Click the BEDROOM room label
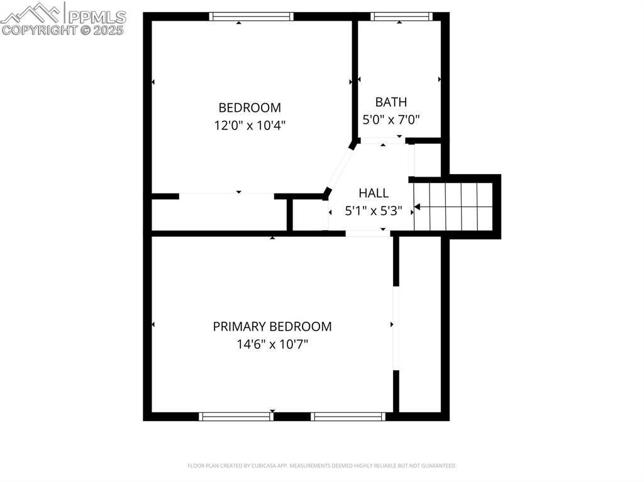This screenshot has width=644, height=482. (x=250, y=107)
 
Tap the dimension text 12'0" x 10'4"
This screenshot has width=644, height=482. (x=250, y=125)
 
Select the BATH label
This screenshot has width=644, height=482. (x=391, y=102)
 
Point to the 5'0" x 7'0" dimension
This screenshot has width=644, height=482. (x=391, y=119)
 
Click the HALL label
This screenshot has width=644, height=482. (x=374, y=193)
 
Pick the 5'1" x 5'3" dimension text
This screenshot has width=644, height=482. (x=374, y=211)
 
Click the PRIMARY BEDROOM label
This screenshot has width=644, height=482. (x=272, y=327)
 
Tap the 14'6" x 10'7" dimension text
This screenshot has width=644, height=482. (x=272, y=344)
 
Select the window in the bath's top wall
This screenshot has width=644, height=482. (x=401, y=17)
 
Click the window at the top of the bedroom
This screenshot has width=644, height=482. (x=251, y=17)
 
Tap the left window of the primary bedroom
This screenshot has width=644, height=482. (x=236, y=416)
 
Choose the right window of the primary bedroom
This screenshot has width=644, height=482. (x=348, y=416)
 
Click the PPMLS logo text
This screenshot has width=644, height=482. (x=96, y=16)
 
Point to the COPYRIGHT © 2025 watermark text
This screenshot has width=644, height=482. (x=63, y=30)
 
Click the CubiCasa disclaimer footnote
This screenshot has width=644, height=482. (x=321, y=466)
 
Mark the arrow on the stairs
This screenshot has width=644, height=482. (x=418, y=206)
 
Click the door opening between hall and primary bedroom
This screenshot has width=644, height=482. (x=368, y=233)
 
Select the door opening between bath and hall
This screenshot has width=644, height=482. (x=383, y=141)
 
